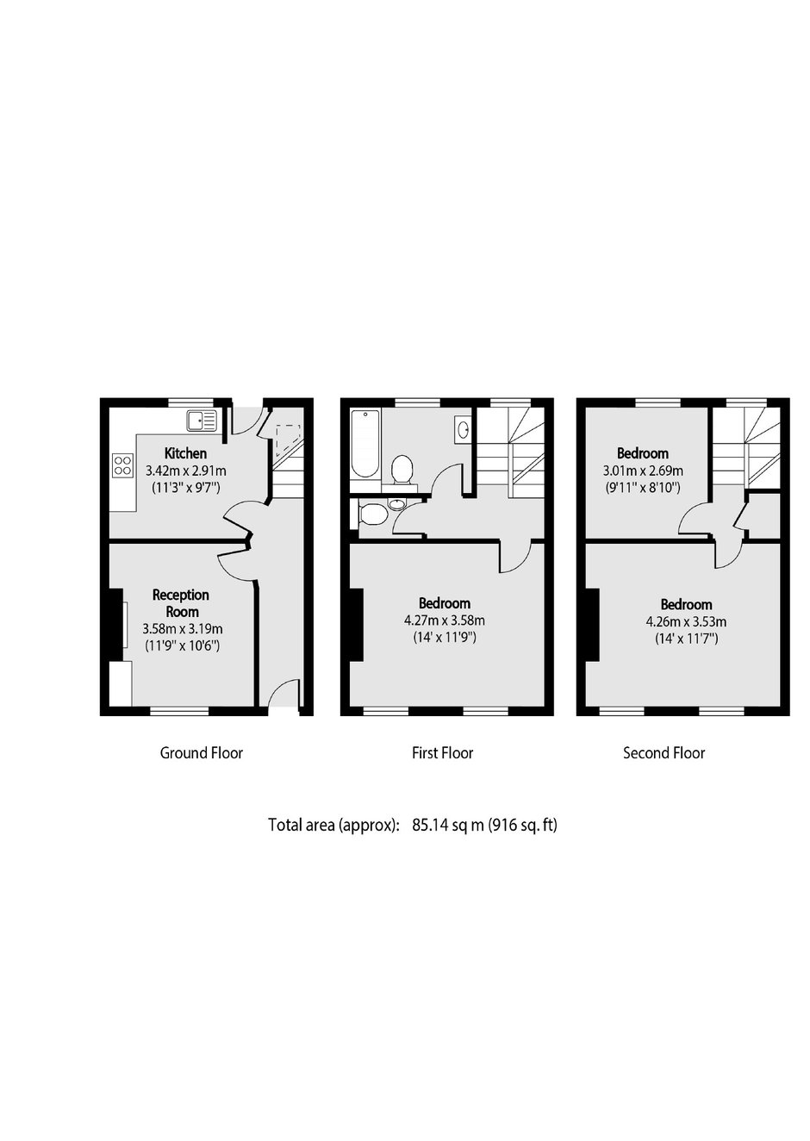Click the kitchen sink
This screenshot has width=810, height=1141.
[202, 421]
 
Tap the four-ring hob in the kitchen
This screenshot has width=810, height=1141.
[123, 465]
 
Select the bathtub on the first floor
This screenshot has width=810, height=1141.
[365, 443]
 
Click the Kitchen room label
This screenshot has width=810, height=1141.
[185, 452]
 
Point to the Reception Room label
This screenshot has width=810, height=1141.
[182, 603]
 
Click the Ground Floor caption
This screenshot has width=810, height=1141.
[202, 753]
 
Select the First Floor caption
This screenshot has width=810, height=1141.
[442, 753]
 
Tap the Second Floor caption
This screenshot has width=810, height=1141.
[664, 753]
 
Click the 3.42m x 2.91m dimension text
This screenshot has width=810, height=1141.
[186, 471]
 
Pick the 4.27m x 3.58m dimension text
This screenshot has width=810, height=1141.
[445, 620]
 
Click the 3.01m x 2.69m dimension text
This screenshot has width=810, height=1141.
[643, 471]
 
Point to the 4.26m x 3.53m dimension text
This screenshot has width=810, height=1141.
[686, 621]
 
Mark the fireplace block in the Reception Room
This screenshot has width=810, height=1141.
[115, 625]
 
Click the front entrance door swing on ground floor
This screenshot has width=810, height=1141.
[283, 693]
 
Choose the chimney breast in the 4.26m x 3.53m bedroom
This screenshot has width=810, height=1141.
[592, 625]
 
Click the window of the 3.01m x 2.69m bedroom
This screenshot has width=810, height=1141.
[658, 402]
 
